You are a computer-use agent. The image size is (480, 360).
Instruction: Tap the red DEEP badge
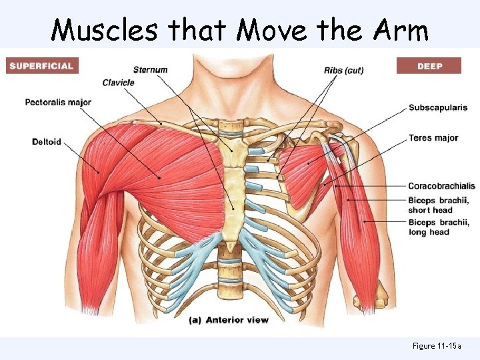(429, 66)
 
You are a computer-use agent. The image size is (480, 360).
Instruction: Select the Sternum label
(150, 70)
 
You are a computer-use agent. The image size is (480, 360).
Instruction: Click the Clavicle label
(118, 83)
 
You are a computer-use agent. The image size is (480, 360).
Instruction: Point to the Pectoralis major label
(58, 103)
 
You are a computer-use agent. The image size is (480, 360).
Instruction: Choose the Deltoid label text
(46, 141)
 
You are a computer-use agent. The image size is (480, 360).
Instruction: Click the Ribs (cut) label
(343, 71)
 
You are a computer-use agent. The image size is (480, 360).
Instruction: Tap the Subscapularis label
(437, 107)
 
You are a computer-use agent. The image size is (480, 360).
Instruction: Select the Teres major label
(433, 138)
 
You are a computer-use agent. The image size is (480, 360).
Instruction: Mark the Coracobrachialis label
(441, 185)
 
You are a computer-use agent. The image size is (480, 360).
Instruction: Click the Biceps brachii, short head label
(438, 205)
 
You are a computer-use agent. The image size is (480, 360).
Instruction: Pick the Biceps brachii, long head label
(438, 227)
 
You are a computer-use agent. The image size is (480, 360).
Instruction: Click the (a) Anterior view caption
(228, 320)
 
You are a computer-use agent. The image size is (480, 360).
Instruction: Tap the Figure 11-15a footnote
(437, 346)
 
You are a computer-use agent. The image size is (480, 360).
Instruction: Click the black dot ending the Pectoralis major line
(159, 178)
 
